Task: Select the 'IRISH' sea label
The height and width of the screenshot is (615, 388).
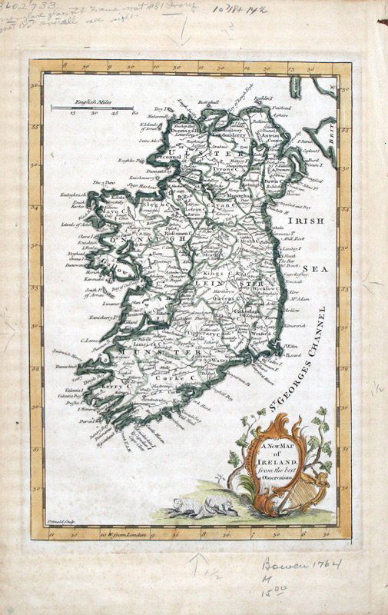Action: pyautogui.click(x=303, y=221)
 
